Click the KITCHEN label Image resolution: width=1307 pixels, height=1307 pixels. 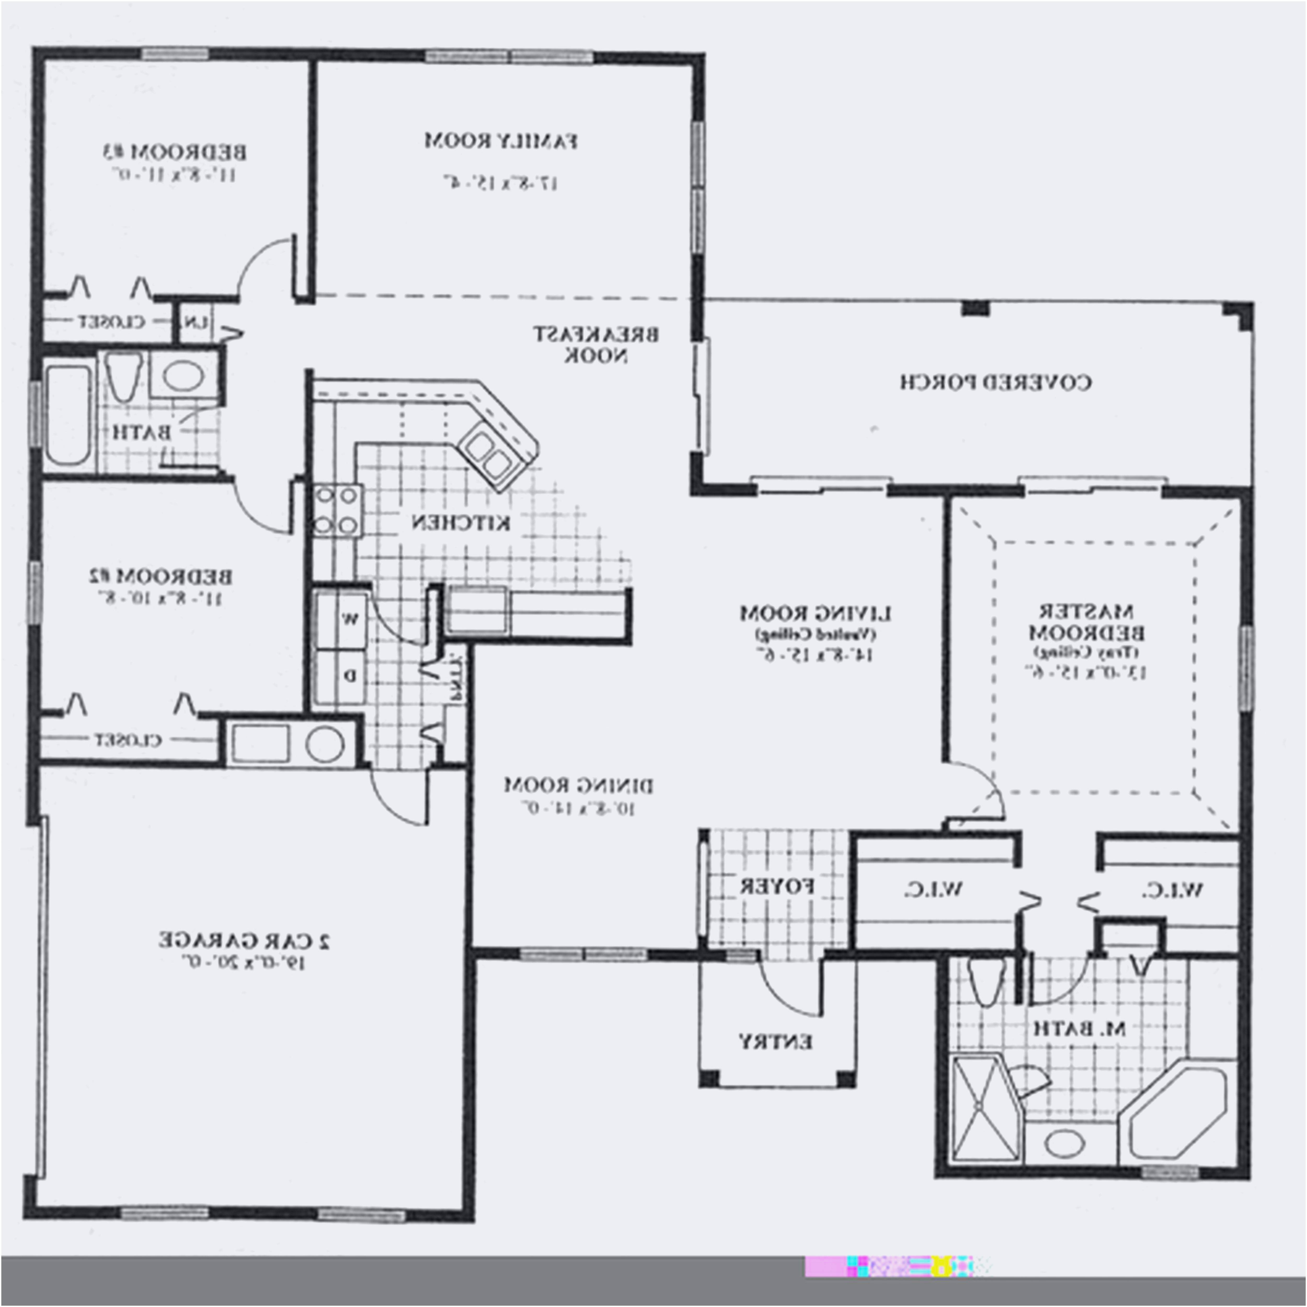(462, 522)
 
